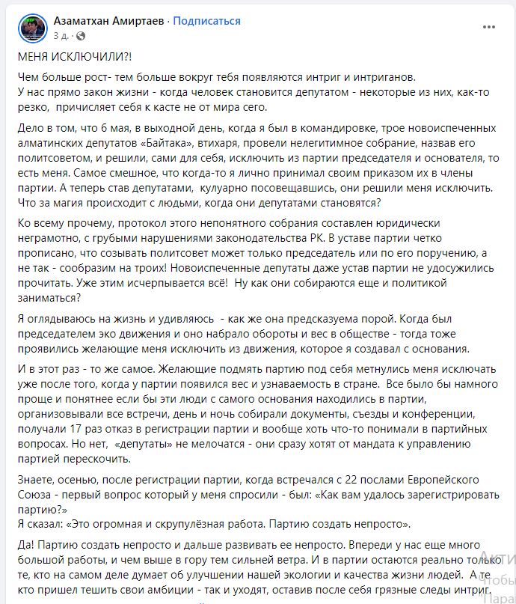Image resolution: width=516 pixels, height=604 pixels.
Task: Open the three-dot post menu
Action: [489, 28]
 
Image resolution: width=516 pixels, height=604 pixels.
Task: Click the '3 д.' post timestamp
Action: [61, 34]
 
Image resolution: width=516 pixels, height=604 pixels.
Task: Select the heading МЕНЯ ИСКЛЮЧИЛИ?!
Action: [68, 58]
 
